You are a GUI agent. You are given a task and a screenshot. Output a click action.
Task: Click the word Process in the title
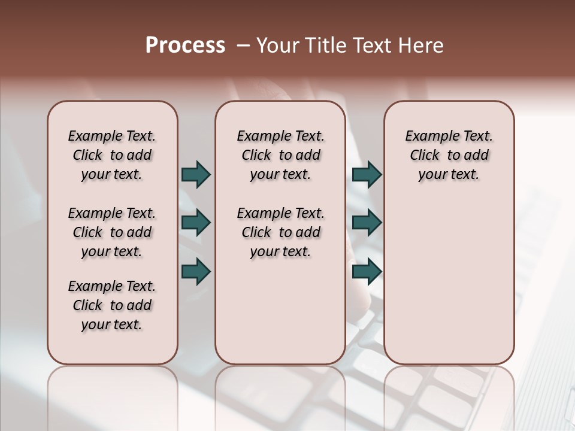tap(185, 45)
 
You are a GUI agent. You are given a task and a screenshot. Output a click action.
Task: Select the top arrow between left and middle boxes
tap(196, 175)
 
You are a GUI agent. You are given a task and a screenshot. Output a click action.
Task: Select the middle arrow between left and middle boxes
tap(196, 223)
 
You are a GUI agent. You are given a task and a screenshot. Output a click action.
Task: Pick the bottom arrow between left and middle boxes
tap(196, 272)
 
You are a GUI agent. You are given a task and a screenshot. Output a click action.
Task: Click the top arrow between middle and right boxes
tap(367, 175)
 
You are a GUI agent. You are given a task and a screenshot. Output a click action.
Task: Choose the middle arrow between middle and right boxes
tap(367, 223)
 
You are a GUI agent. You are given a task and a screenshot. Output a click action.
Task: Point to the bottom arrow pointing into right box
tap(367, 272)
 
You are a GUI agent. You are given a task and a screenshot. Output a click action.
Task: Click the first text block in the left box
tap(112, 155)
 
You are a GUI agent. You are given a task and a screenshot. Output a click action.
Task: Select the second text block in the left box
tap(112, 232)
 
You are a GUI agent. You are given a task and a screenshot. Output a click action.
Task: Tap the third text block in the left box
tap(112, 305)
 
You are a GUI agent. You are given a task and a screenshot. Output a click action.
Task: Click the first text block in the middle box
tap(280, 155)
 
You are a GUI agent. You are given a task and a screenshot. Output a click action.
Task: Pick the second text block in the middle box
tap(280, 232)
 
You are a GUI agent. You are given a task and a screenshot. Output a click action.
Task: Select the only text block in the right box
tap(449, 155)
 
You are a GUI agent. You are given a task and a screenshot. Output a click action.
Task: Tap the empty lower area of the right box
tap(449, 287)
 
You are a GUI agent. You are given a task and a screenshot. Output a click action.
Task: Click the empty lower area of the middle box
tap(280, 311)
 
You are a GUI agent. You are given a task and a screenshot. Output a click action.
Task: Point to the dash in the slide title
tap(243, 45)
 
